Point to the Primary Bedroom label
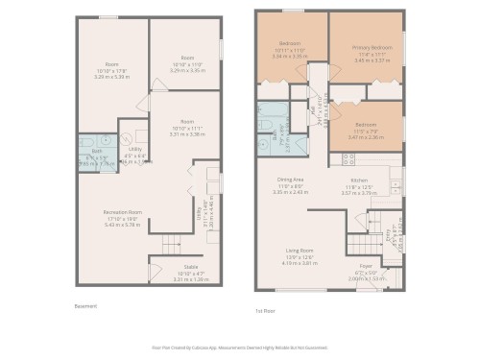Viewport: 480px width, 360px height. point(366,45)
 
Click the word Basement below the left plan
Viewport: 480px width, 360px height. point(85,306)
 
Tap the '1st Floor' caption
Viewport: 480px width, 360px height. point(265,310)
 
